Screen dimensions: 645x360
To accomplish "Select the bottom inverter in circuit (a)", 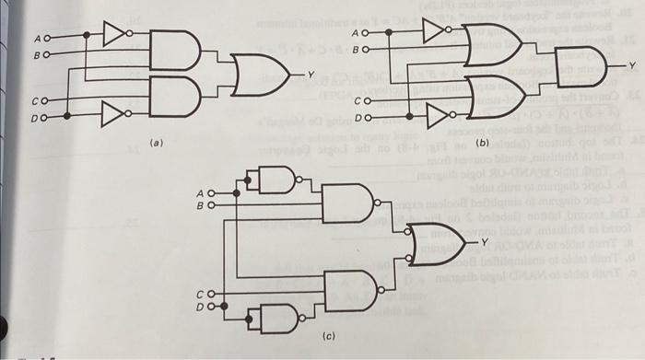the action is [113, 116].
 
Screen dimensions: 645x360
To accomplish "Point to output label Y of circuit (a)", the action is [311, 71].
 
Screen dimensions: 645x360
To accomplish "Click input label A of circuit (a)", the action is [38, 38].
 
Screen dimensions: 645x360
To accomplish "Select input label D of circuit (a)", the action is [38, 117].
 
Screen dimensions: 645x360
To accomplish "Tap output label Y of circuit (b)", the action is [633, 65].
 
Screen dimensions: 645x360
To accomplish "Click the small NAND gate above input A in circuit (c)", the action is [276, 180].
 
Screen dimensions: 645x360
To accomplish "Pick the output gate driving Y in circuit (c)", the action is [433, 241].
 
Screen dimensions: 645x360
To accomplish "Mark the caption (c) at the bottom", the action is [329, 338].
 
